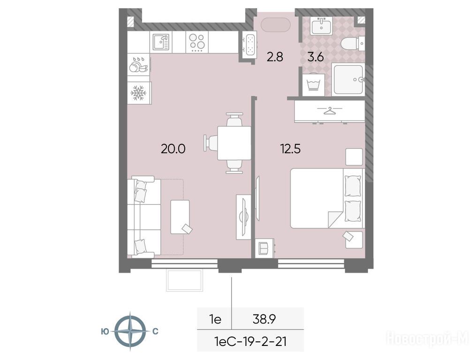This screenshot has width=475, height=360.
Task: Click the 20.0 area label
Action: click(x=173, y=149)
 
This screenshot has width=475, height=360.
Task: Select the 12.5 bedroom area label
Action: click(x=291, y=149)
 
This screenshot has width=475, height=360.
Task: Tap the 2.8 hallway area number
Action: click(x=275, y=57)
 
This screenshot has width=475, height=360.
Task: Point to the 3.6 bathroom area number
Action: click(x=316, y=57)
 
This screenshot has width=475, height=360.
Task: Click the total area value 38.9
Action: click(x=264, y=319)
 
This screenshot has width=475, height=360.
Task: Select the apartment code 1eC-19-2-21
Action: click(x=250, y=342)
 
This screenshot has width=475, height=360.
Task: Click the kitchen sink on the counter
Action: click(x=161, y=42)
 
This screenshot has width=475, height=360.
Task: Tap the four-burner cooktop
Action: click(x=197, y=42)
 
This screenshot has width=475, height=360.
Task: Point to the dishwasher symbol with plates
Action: click(x=139, y=64)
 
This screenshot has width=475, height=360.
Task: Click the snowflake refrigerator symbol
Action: click(x=138, y=93)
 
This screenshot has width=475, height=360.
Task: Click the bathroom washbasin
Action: click(x=321, y=25)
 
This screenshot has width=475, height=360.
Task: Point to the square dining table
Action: click(x=234, y=143)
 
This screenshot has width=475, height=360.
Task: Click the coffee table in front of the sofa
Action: click(x=180, y=217)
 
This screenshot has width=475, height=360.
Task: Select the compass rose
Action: click(x=130, y=331)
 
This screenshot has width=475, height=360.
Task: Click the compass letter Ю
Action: click(x=105, y=331)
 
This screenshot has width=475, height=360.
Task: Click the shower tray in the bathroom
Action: click(x=348, y=79)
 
